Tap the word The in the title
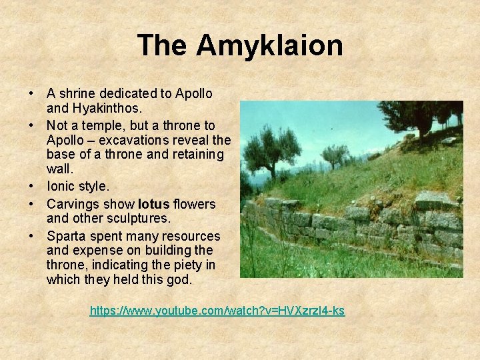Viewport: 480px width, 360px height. pyautogui.click(x=163, y=46)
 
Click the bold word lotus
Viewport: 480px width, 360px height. pyautogui.click(x=154, y=203)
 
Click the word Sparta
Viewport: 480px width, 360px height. pyautogui.click(x=66, y=236)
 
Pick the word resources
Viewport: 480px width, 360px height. pyautogui.click(x=193, y=236)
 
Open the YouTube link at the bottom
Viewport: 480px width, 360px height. pyautogui.click(x=217, y=310)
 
